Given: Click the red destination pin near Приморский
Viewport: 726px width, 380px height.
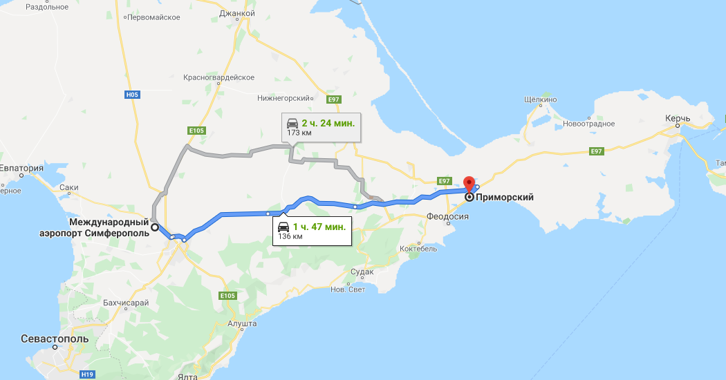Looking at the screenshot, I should pyautogui.click(x=469, y=183).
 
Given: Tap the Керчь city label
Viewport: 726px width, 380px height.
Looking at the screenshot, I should pyautogui.click(x=678, y=119).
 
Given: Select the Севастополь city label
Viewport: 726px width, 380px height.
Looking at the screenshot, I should pyautogui.click(x=55, y=340).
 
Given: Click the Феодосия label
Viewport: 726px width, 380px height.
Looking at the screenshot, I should pyautogui.click(x=447, y=217).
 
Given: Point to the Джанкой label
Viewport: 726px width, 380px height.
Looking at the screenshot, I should pyautogui.click(x=238, y=13).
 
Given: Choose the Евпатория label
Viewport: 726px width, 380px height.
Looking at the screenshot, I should pyautogui.click(x=21, y=169).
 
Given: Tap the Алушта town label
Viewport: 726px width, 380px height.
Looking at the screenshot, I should pyautogui.click(x=242, y=323).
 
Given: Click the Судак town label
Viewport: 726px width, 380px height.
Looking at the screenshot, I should pyautogui.click(x=362, y=272).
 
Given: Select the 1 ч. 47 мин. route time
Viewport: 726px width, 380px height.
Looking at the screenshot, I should pyautogui.click(x=319, y=227).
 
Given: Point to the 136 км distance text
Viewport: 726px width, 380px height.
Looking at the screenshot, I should pyautogui.click(x=290, y=236).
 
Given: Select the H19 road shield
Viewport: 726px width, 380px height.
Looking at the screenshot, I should pyautogui.click(x=87, y=374).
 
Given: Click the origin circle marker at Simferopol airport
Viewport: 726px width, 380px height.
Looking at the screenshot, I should pyautogui.click(x=154, y=227).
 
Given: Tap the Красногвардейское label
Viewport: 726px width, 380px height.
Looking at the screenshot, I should pyautogui.click(x=219, y=77).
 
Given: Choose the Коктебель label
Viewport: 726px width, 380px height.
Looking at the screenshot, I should pyautogui.click(x=419, y=249).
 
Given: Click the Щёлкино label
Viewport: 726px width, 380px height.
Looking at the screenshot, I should pyautogui.click(x=541, y=99).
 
